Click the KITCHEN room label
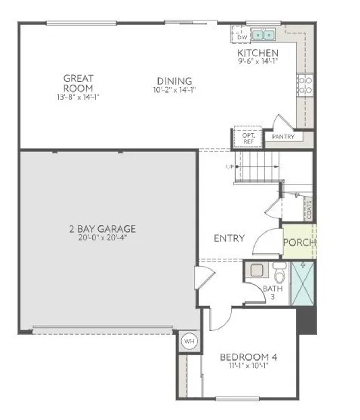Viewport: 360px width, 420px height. [258, 53]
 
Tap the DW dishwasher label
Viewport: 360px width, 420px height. [242, 37]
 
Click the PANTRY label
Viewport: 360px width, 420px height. [283, 136]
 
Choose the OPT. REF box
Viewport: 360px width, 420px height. [248, 138]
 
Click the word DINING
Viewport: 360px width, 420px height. [174, 81]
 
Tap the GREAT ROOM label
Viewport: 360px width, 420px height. [78, 83]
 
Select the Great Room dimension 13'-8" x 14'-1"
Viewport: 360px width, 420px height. [78, 97]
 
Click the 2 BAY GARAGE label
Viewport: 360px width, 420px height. [102, 229]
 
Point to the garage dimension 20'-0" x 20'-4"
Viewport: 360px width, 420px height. [102, 237]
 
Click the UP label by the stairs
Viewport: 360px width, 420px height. [230, 167]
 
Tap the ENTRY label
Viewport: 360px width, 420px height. [229, 238]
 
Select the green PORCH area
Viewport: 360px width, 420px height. [299, 242]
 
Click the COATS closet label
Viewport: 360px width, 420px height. [308, 210]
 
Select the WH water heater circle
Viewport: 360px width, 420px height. [189, 341]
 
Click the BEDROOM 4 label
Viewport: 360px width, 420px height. [248, 357]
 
